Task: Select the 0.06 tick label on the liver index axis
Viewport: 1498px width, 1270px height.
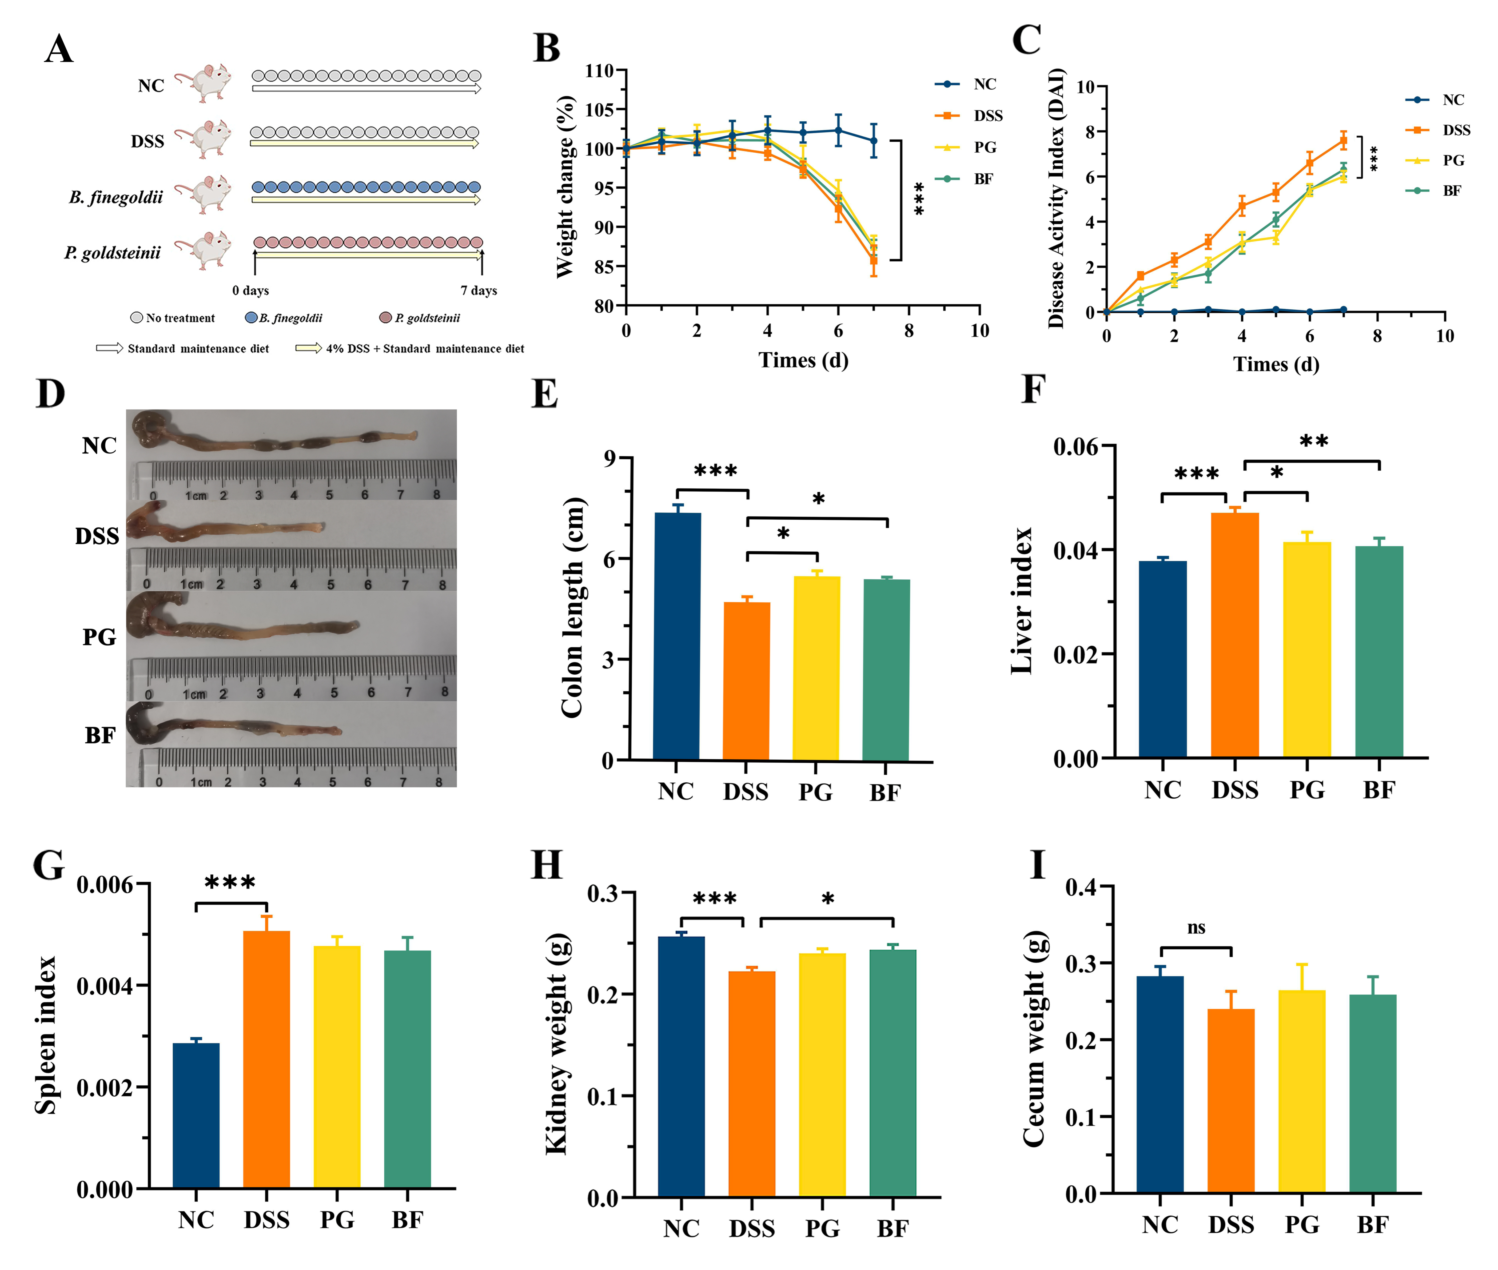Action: (1076, 447)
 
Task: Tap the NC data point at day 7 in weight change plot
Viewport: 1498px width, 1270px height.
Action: (873, 141)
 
